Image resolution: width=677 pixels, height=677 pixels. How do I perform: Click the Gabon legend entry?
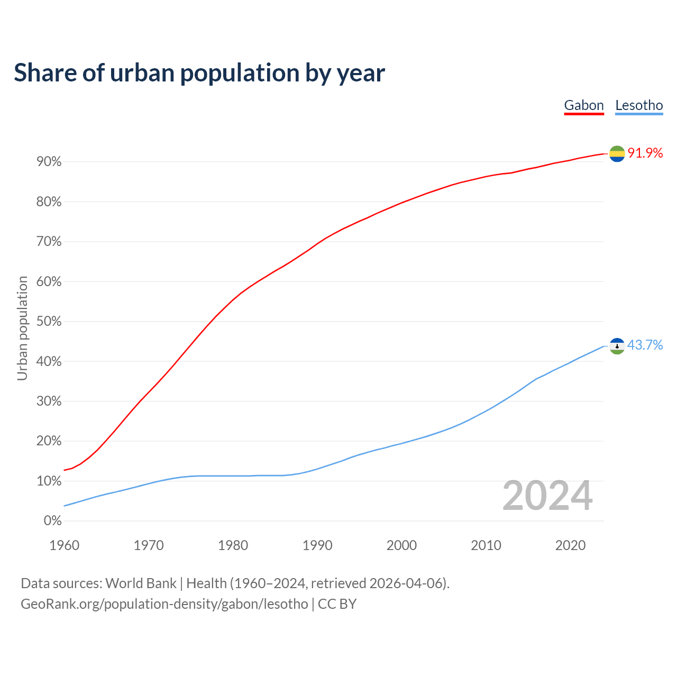[584, 105]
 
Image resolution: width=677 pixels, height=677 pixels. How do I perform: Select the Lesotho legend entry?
[639, 105]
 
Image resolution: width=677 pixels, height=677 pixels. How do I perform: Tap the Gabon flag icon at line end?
[617, 153]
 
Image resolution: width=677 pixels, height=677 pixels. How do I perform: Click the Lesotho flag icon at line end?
[617, 346]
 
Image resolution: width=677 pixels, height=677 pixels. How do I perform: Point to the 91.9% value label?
[645, 153]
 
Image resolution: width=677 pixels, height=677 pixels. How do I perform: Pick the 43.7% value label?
[645, 345]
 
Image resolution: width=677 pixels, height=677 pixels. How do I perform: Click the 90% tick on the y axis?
[49, 162]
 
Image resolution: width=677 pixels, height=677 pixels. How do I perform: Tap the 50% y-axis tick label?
[49, 322]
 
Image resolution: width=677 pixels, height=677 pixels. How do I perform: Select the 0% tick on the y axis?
[52, 521]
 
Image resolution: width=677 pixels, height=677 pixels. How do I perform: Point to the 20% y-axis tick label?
[49, 441]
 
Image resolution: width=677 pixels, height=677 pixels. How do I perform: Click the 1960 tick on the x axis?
[64, 545]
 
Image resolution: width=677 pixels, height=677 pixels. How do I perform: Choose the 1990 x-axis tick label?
[317, 545]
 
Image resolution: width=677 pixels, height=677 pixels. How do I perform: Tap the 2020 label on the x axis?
[570, 545]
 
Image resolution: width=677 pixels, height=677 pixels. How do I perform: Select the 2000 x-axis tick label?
[401, 545]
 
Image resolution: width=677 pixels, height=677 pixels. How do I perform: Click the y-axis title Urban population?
[22, 328]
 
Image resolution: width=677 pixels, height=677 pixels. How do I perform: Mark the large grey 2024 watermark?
[547, 496]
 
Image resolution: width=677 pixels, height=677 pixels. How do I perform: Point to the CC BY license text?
[337, 604]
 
